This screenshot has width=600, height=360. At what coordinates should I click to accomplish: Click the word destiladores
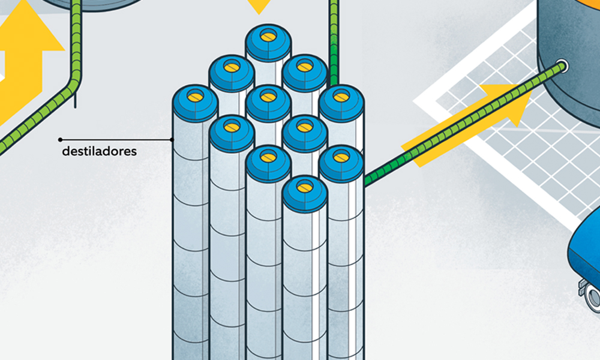coord(99,151)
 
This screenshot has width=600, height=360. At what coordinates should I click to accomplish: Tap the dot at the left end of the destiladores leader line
coord(60,140)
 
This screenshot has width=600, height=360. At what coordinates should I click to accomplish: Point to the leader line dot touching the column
coord(172,140)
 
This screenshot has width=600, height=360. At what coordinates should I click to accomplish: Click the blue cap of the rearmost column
coord(268,42)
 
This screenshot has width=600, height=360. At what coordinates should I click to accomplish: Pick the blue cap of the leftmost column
coord(195,103)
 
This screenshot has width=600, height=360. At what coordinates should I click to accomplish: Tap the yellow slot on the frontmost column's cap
coord(305,187)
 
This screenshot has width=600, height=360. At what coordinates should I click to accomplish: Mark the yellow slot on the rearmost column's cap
coord(268,36)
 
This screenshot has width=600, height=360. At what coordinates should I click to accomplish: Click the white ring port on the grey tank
coord(562,66)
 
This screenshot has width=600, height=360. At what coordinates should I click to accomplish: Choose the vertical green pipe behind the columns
coord(333,42)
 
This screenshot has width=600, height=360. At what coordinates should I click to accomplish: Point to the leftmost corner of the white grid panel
coord(413,102)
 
